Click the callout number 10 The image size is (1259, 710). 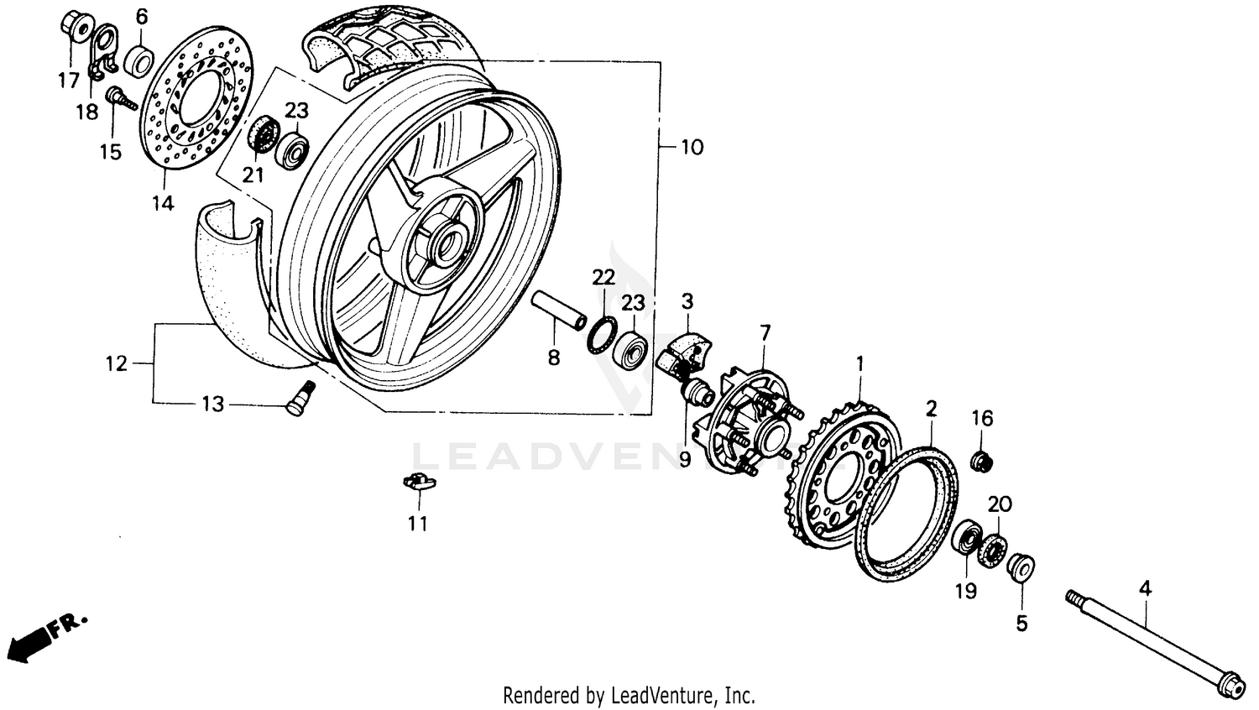692,147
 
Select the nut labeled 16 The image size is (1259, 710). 981,460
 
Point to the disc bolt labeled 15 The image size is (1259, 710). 120,100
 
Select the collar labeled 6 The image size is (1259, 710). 139,60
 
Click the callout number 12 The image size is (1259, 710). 117,363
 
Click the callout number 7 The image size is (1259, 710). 765,332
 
